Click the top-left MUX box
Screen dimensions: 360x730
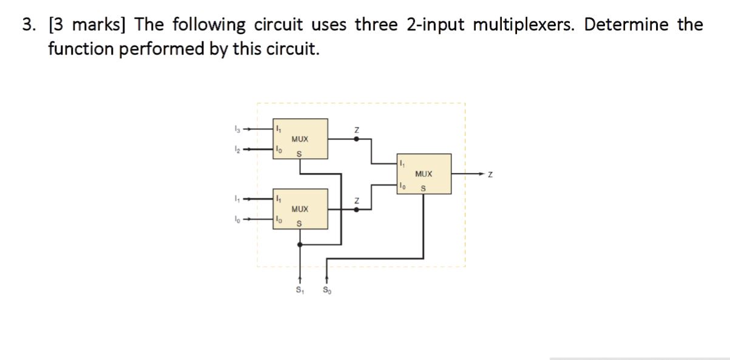300,139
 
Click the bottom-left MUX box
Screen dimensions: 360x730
300,209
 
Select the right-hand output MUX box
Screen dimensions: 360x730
424,174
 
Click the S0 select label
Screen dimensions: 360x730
328,290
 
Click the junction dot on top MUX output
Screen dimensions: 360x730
357,139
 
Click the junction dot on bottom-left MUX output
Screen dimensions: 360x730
357,209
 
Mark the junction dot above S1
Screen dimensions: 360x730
300,245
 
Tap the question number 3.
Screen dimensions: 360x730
28,25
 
